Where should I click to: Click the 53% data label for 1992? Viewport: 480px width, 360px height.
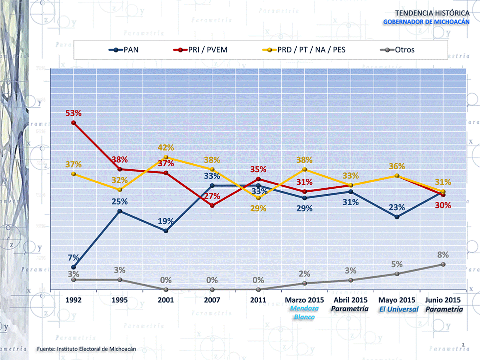click(x=73, y=113)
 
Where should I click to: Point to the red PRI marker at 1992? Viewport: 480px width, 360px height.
click(x=73, y=122)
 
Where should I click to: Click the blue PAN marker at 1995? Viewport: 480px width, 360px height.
click(x=119, y=211)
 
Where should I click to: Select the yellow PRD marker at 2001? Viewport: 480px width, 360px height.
click(x=166, y=157)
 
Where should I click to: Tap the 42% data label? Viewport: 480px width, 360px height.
click(x=166, y=148)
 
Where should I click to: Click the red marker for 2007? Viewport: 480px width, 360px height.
click(x=212, y=205)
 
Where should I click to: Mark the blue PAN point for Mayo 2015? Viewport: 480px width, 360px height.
click(x=397, y=217)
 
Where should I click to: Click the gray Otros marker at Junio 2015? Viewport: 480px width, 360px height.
click(x=443, y=264)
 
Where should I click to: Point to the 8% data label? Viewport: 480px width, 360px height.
click(x=443, y=255)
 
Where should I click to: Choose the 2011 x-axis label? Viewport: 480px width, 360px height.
click(x=258, y=300)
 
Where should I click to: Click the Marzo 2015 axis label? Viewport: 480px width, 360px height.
click(x=304, y=300)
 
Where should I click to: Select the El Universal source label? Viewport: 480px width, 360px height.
click(x=398, y=310)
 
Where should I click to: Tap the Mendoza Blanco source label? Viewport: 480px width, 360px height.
click(x=304, y=313)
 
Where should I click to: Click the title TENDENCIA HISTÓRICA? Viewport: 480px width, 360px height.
click(x=432, y=12)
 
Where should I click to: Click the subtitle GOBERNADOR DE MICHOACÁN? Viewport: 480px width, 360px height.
click(x=426, y=22)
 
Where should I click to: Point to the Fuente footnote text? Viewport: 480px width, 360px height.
click(x=86, y=348)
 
